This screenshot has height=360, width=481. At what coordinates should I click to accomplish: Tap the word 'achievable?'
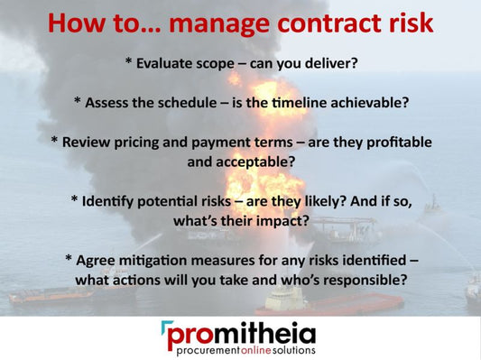(367, 102)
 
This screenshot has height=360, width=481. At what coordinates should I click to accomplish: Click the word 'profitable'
(396, 143)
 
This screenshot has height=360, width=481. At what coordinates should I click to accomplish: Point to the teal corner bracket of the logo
(167, 327)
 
